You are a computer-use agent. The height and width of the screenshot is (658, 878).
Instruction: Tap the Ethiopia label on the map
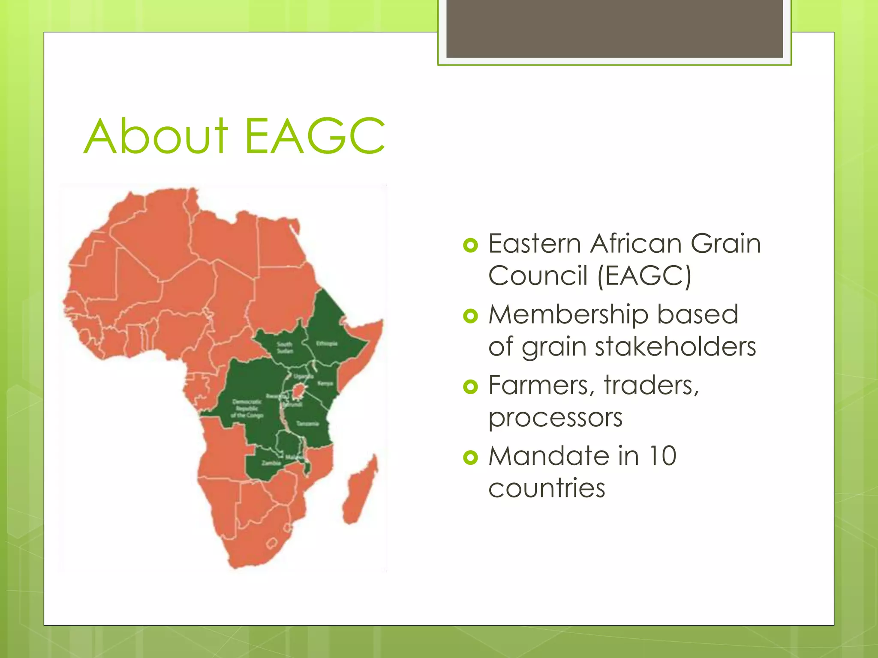click(x=327, y=344)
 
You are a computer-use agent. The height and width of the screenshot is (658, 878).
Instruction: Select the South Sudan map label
click(x=285, y=347)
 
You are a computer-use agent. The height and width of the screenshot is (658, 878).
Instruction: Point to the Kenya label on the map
click(x=325, y=383)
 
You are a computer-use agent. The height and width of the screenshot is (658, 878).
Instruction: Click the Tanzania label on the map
click(x=308, y=424)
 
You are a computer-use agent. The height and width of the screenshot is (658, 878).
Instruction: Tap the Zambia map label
click(x=271, y=463)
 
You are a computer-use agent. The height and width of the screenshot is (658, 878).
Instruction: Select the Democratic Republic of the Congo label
click(x=247, y=408)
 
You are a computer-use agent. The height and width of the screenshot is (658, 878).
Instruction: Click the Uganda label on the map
click(x=303, y=377)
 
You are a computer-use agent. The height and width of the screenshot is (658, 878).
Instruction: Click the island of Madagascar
click(x=359, y=493)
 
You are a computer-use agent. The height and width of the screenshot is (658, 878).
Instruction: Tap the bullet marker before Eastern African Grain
click(x=470, y=245)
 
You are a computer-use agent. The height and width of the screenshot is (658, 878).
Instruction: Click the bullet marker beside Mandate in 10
click(x=470, y=458)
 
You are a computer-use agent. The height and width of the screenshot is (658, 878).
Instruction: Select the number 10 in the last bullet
click(x=662, y=456)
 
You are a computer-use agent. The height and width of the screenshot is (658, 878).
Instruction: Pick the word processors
click(x=555, y=418)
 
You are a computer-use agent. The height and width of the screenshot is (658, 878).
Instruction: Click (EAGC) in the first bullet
click(x=644, y=275)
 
